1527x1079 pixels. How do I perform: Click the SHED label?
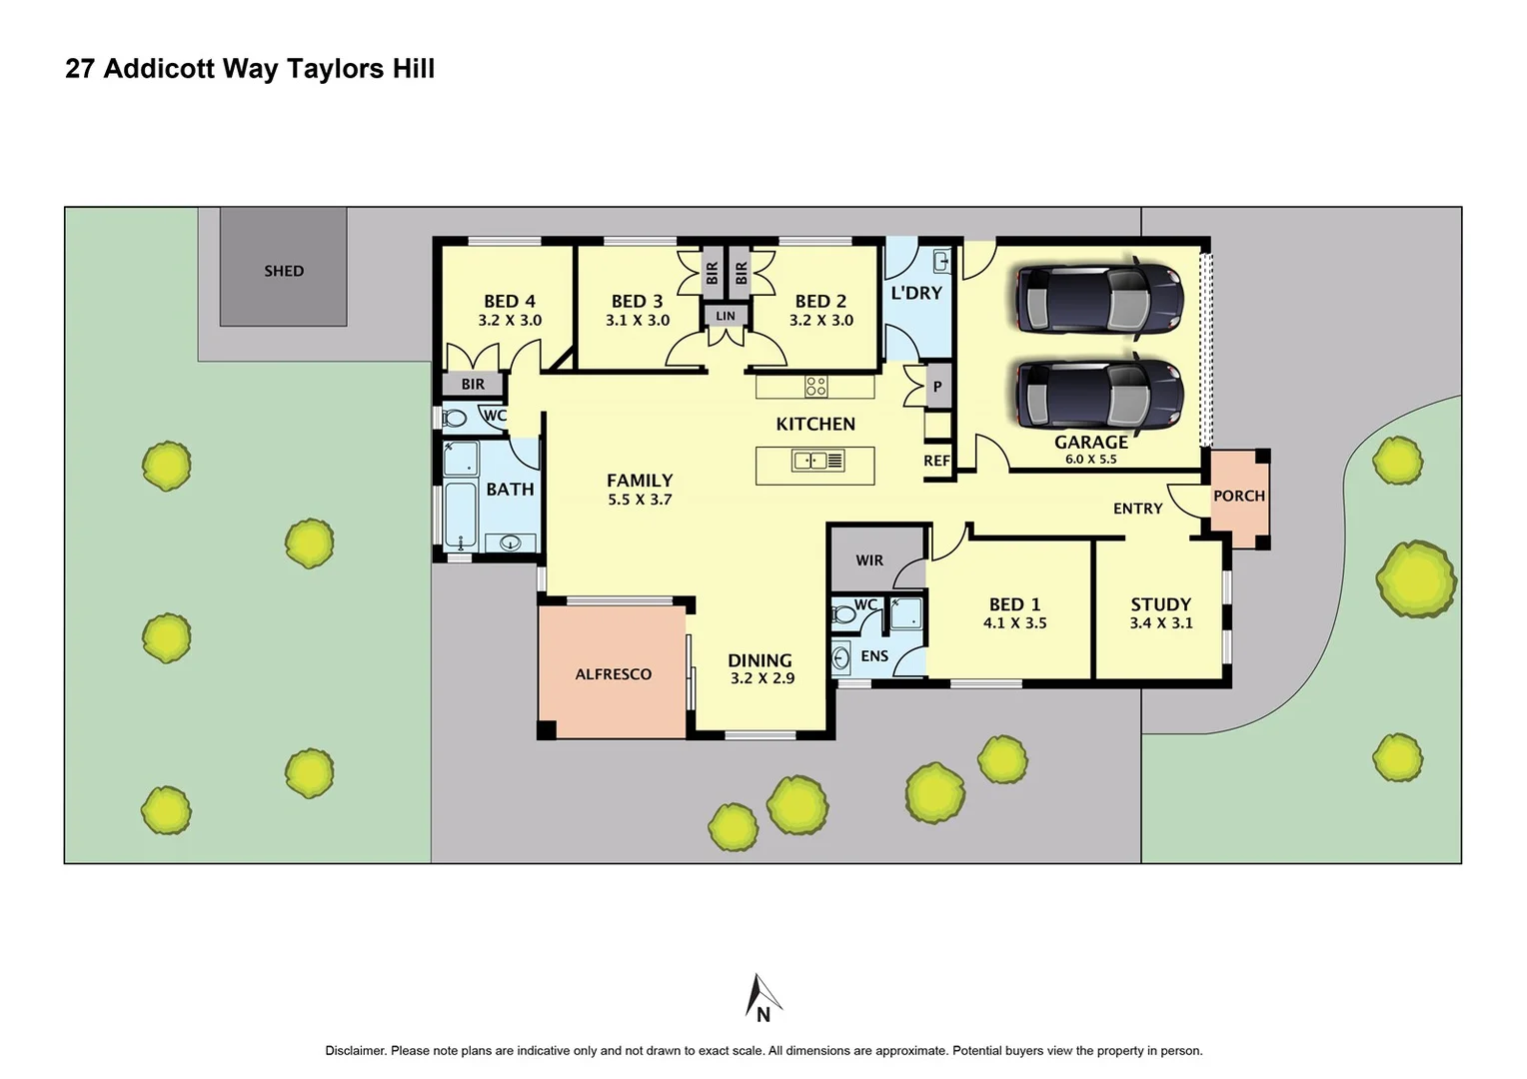284,271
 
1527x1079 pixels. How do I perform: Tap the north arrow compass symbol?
763,997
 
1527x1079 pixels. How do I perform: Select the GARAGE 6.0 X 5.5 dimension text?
1090,460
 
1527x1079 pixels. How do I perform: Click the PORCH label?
1238,496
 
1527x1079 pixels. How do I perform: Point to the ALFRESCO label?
613,674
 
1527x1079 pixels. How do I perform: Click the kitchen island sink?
809,461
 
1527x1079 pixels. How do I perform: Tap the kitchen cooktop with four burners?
815,386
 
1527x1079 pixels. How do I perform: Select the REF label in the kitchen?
936,461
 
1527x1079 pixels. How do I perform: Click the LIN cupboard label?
726,316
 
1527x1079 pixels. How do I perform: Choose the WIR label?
869,560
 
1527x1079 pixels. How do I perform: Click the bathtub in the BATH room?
460,515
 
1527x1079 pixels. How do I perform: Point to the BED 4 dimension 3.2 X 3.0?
510,321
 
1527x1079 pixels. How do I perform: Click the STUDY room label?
1160,604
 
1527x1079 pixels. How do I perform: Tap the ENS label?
874,656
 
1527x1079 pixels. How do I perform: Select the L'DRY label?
916,293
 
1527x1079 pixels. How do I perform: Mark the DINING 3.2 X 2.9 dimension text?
763,678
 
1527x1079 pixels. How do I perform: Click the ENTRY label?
1137,509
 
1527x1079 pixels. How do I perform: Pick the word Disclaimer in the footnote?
354,1051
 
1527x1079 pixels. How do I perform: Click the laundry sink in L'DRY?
940,262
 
